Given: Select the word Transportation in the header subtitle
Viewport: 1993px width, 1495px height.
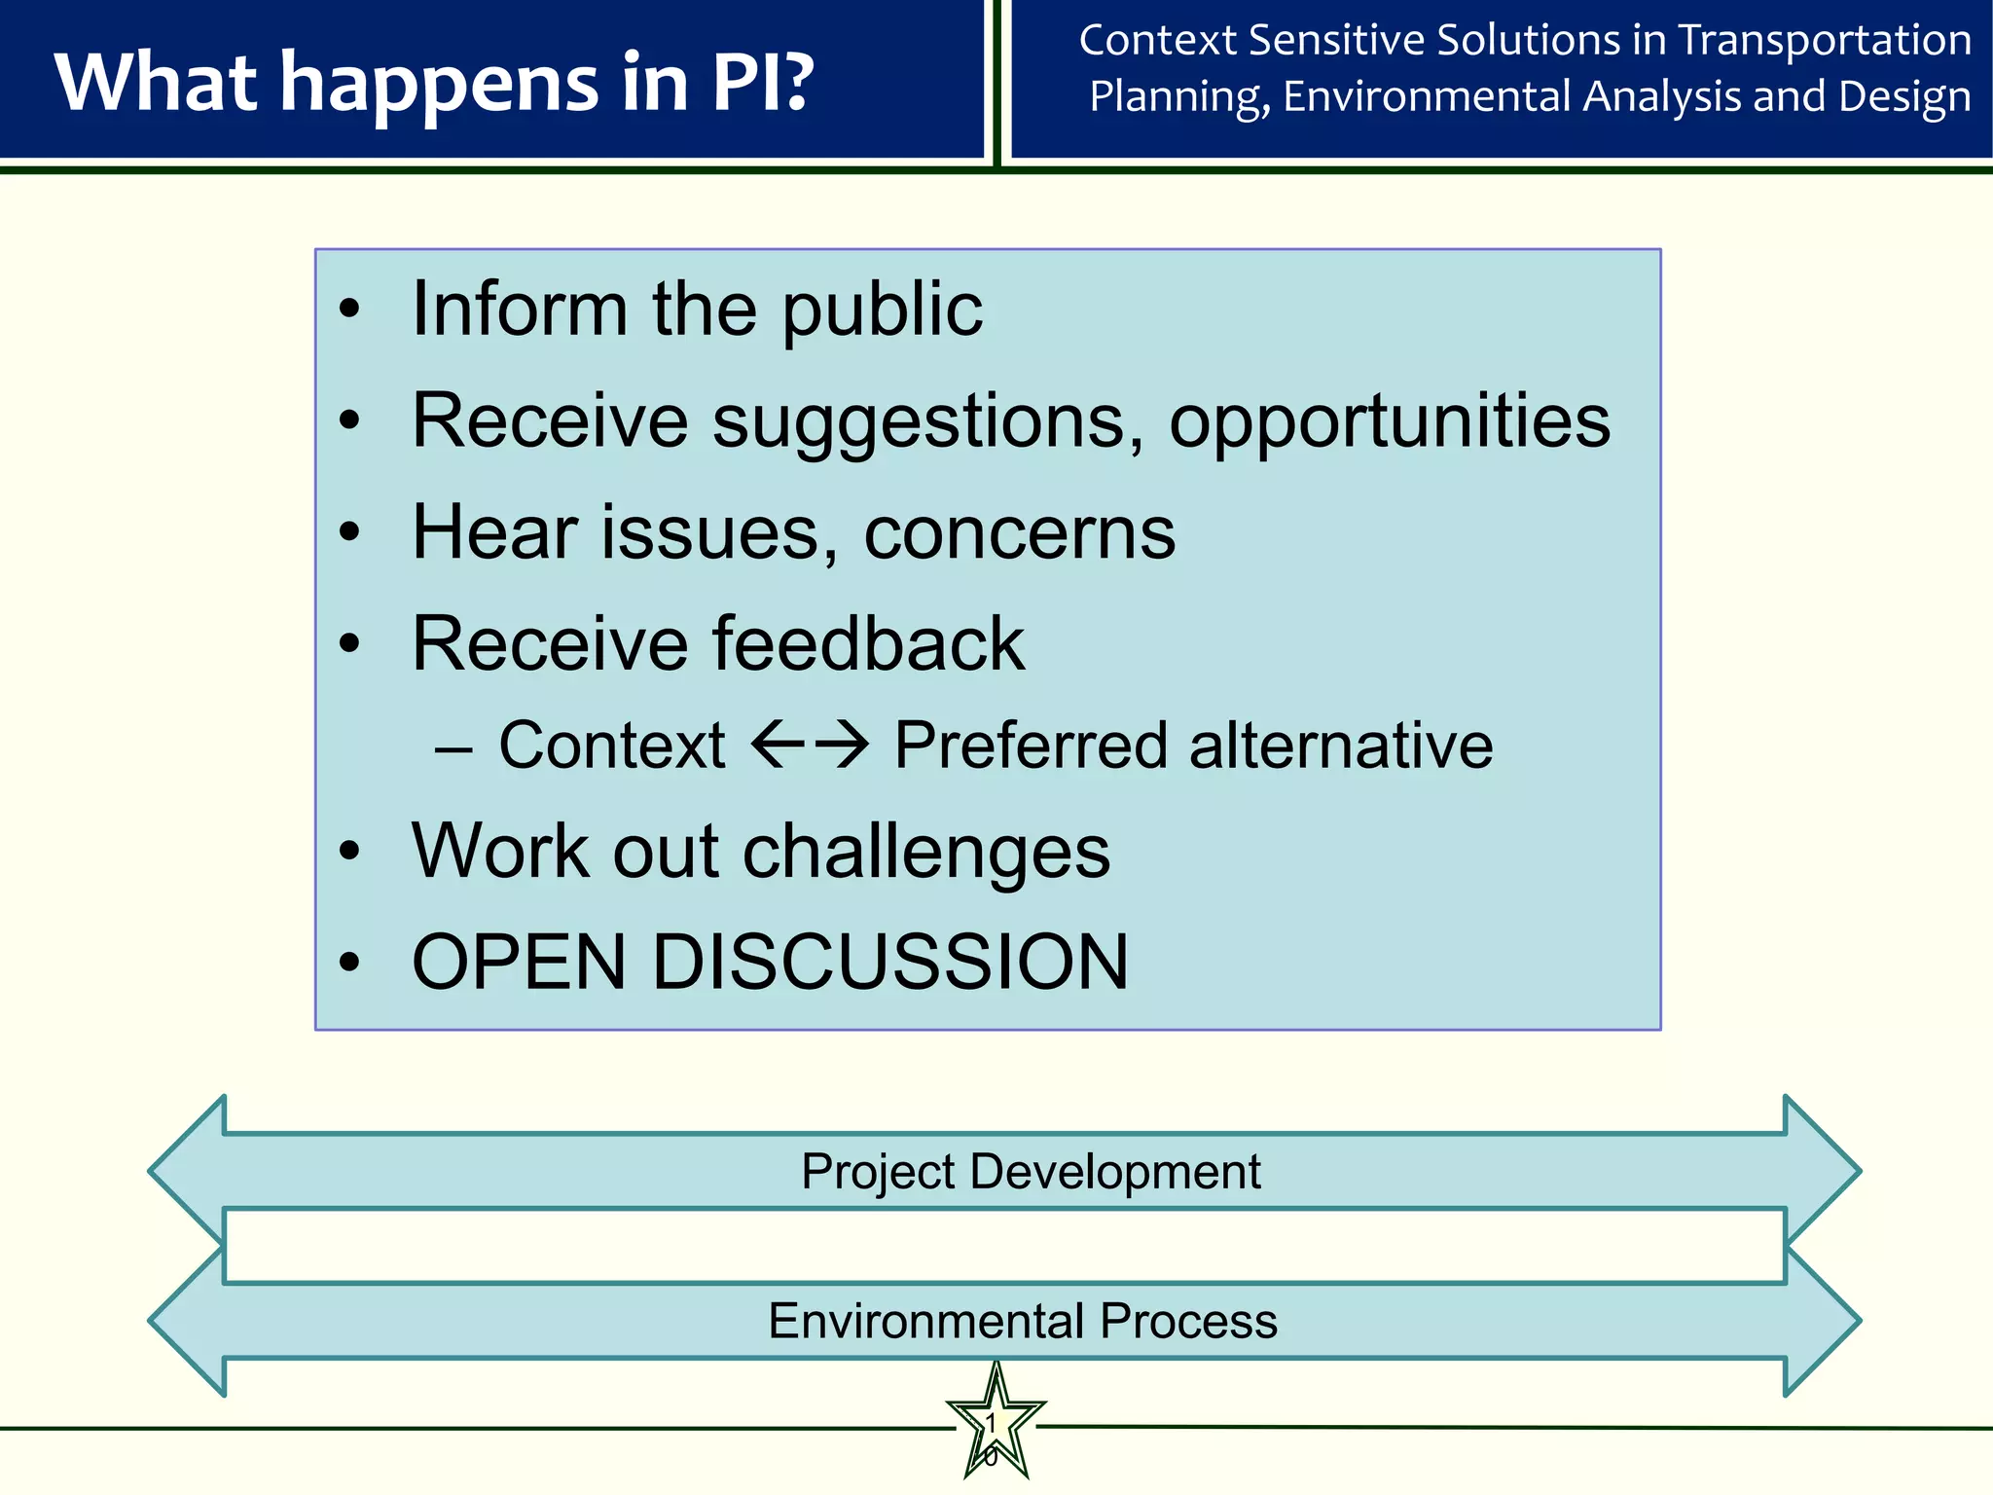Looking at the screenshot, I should [1825, 41].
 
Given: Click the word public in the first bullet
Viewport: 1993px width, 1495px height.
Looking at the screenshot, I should [882, 310].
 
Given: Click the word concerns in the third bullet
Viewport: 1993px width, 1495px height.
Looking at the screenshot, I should [1019, 533].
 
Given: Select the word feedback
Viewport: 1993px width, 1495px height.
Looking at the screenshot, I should [868, 644].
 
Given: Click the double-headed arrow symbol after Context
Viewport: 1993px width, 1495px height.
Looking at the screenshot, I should [810, 746].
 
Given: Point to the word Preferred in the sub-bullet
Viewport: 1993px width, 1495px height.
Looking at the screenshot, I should [1031, 746].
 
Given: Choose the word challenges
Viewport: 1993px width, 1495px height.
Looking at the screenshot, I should [926, 853].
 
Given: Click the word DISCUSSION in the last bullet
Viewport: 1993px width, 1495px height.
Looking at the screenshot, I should [889, 963].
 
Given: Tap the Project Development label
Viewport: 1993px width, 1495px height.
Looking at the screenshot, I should [1031, 1171].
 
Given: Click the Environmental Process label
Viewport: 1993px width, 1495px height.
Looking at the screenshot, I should [1022, 1321].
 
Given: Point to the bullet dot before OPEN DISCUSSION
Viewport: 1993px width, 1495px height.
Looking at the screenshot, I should [349, 963].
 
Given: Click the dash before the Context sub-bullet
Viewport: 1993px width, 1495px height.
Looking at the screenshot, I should [453, 749].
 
